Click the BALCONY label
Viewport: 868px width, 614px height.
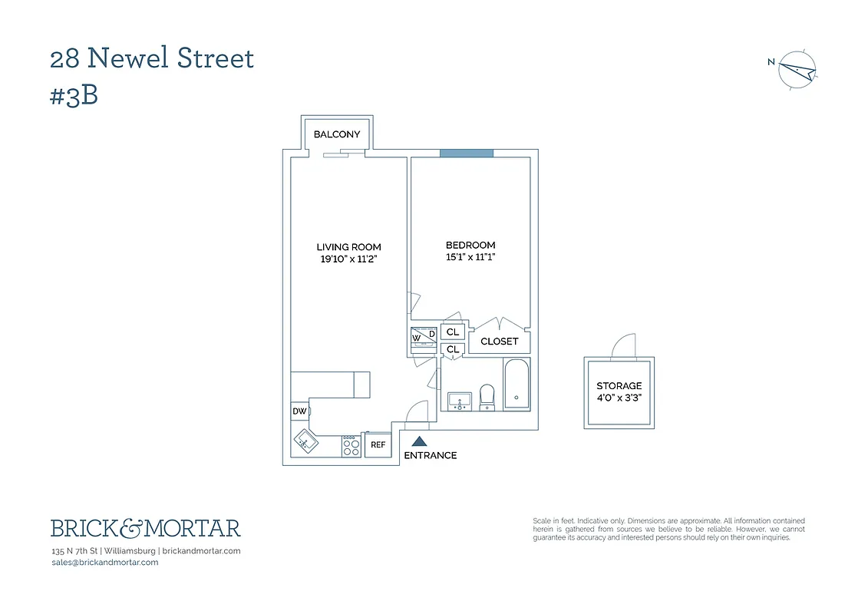click(337, 134)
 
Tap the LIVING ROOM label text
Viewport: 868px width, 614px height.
click(349, 247)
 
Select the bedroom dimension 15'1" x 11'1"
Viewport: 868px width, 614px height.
click(470, 257)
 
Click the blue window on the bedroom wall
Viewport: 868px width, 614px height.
click(467, 153)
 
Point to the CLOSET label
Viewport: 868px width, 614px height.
click(500, 342)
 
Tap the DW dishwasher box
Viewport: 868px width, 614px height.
click(299, 412)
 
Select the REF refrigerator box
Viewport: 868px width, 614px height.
click(378, 445)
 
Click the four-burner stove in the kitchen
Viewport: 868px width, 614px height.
click(351, 446)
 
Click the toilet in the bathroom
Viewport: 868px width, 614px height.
click(487, 397)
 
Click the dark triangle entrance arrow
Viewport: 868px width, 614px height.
click(419, 441)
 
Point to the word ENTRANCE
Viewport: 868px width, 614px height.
click(431, 456)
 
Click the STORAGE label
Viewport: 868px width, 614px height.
click(619, 386)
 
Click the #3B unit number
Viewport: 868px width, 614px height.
click(74, 97)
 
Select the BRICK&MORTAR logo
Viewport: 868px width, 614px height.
click(146, 528)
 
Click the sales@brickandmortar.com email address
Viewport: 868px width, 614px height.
click(104, 563)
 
